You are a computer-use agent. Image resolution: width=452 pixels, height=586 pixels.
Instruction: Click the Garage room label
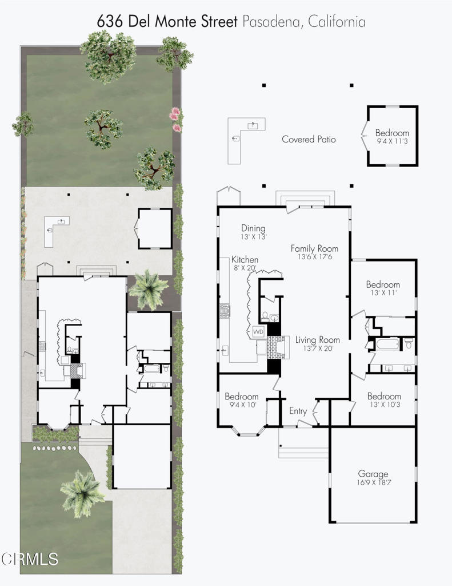pyautogui.click(x=373, y=474)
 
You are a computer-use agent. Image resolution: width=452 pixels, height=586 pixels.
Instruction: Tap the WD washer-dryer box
pyautogui.click(x=258, y=331)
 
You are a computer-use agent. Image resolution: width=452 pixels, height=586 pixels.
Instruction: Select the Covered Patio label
pyautogui.click(x=309, y=140)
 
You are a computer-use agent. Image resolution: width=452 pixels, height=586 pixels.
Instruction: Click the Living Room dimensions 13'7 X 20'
pyautogui.click(x=318, y=349)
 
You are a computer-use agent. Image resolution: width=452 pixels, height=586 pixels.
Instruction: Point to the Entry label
pyautogui.click(x=298, y=411)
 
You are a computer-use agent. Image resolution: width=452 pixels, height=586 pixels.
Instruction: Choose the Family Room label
pyautogui.click(x=314, y=248)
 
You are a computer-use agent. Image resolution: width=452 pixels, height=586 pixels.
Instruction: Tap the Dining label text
pyautogui.click(x=253, y=228)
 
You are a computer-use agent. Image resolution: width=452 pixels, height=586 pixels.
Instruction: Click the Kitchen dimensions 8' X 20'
pyautogui.click(x=245, y=268)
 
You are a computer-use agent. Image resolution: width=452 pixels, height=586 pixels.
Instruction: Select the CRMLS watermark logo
pyautogui.click(x=29, y=559)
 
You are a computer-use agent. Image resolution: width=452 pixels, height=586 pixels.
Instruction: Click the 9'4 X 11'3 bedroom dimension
pyautogui.click(x=392, y=141)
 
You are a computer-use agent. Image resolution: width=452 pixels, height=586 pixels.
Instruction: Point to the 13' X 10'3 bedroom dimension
pyautogui.click(x=384, y=405)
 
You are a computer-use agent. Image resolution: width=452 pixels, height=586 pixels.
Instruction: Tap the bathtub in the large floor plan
pyautogui.click(x=388, y=344)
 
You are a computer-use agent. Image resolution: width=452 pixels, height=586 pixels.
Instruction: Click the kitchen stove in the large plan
pyautogui.click(x=225, y=311)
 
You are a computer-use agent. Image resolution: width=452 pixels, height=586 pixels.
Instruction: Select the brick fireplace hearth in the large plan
pyautogui.click(x=275, y=347)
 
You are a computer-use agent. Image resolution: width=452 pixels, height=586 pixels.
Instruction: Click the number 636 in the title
pyautogui.click(x=109, y=21)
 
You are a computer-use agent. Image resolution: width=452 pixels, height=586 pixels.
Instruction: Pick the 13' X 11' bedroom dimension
pyautogui.click(x=383, y=292)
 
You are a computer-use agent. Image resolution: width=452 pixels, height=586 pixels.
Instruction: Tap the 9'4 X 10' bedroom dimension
pyautogui.click(x=242, y=405)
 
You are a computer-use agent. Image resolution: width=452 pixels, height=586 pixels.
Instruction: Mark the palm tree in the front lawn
pyautogui.click(x=82, y=493)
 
